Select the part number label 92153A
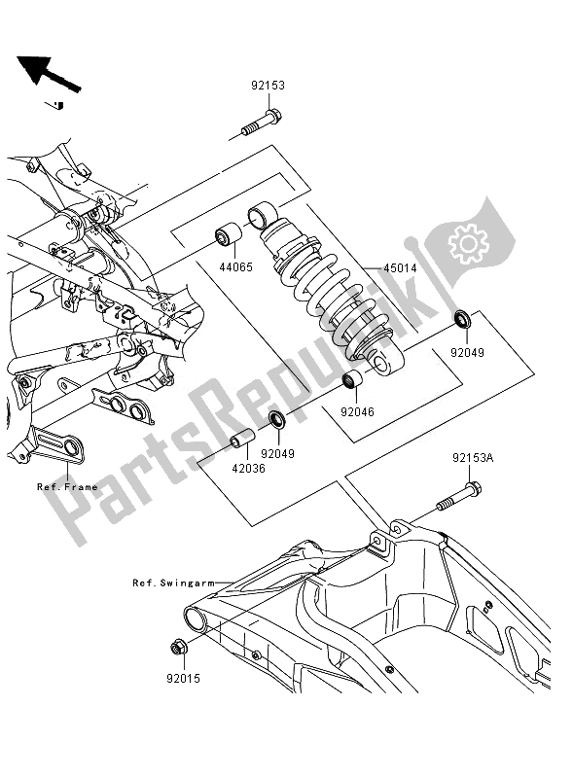coord(472,456)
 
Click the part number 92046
coord(357,412)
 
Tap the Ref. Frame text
coord(66,486)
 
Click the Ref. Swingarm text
coord(172,583)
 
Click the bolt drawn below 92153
coord(259,124)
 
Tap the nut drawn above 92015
coord(179,645)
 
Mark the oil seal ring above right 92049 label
coord(462,320)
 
